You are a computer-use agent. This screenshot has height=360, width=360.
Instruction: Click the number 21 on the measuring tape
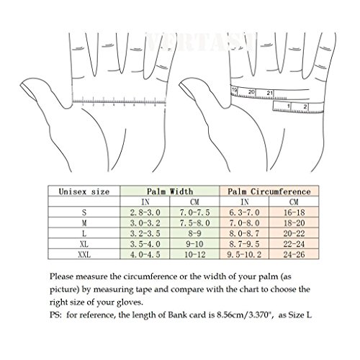coord(269,92)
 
